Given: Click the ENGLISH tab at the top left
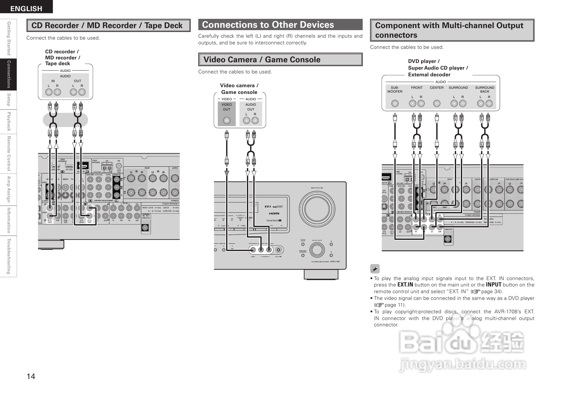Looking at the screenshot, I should [26, 9].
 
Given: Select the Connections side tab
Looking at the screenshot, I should [9, 74].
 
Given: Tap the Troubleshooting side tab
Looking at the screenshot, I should [9, 256].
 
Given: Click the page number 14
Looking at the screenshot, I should [31, 376].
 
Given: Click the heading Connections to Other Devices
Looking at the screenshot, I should [268, 25].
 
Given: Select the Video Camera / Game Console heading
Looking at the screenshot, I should [262, 60].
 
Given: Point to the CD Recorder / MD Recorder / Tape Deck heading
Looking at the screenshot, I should [107, 26].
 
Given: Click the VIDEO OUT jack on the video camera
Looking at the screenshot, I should [226, 121].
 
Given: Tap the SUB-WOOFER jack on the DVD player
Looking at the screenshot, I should [395, 103].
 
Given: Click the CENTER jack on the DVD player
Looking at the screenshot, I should [437, 103].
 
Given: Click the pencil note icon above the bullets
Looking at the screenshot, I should [375, 269].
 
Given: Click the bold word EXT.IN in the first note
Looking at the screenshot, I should [405, 285].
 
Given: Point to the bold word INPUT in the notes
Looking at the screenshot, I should [493, 285].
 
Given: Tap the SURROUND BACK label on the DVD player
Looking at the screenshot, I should [484, 89].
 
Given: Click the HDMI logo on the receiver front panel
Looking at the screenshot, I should [274, 213].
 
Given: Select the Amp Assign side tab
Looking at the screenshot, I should [9, 189].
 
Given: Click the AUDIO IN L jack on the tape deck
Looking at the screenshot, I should [49, 93].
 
